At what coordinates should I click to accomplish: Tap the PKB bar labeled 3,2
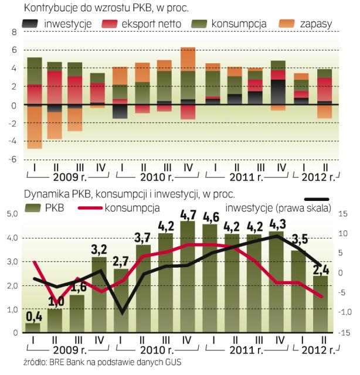tap(99, 295)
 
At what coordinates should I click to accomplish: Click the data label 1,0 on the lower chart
tap(56, 302)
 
